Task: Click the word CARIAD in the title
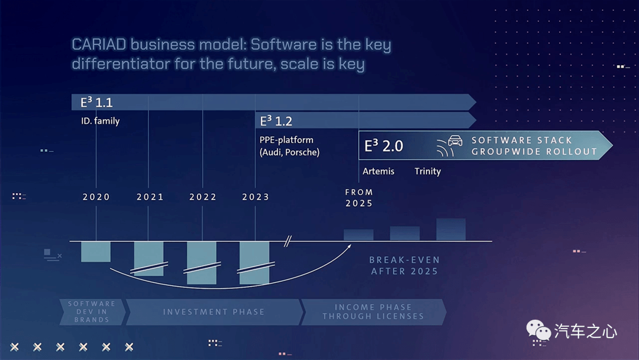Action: click(99, 44)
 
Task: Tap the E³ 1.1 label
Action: click(96, 102)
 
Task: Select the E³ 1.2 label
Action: click(276, 121)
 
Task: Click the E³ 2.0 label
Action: click(383, 146)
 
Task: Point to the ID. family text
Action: click(100, 121)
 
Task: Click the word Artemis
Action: click(378, 171)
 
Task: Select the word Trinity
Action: click(428, 171)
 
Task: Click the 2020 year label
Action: click(96, 197)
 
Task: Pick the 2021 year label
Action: click(150, 197)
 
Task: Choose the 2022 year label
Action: click(203, 197)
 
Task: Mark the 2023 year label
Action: click(256, 197)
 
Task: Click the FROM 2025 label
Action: click(359, 198)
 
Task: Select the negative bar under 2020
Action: click(96, 252)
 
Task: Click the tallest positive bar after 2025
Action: click(451, 230)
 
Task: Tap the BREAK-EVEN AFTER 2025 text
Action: click(404, 265)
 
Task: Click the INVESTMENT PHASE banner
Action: click(215, 312)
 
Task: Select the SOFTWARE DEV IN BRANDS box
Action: click(92, 312)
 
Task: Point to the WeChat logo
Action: click(539, 330)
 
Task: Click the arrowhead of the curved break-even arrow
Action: click(349, 246)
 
